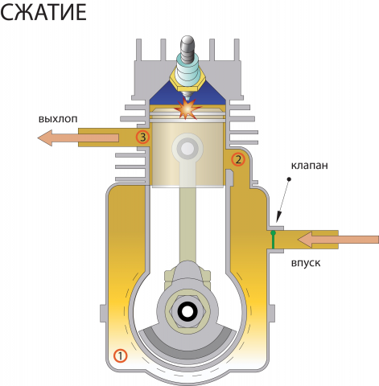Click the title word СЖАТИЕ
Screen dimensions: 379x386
point(43,12)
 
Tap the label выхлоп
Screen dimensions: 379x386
point(58,119)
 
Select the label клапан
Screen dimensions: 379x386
point(310,166)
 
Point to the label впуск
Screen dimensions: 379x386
point(306,263)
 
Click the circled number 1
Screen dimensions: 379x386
point(120,355)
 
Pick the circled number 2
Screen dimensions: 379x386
point(238,159)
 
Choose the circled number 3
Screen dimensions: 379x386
point(142,137)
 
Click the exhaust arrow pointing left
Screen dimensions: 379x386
point(78,138)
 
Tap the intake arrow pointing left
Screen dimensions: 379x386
point(338,239)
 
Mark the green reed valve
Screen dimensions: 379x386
point(273,240)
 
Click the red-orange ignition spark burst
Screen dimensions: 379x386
point(187,108)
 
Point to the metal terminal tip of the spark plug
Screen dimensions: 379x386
point(187,43)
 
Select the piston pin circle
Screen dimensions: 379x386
point(187,149)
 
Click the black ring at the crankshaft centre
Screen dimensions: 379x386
point(187,311)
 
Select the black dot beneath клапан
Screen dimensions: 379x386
point(289,179)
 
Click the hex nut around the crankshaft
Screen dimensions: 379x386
point(187,311)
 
